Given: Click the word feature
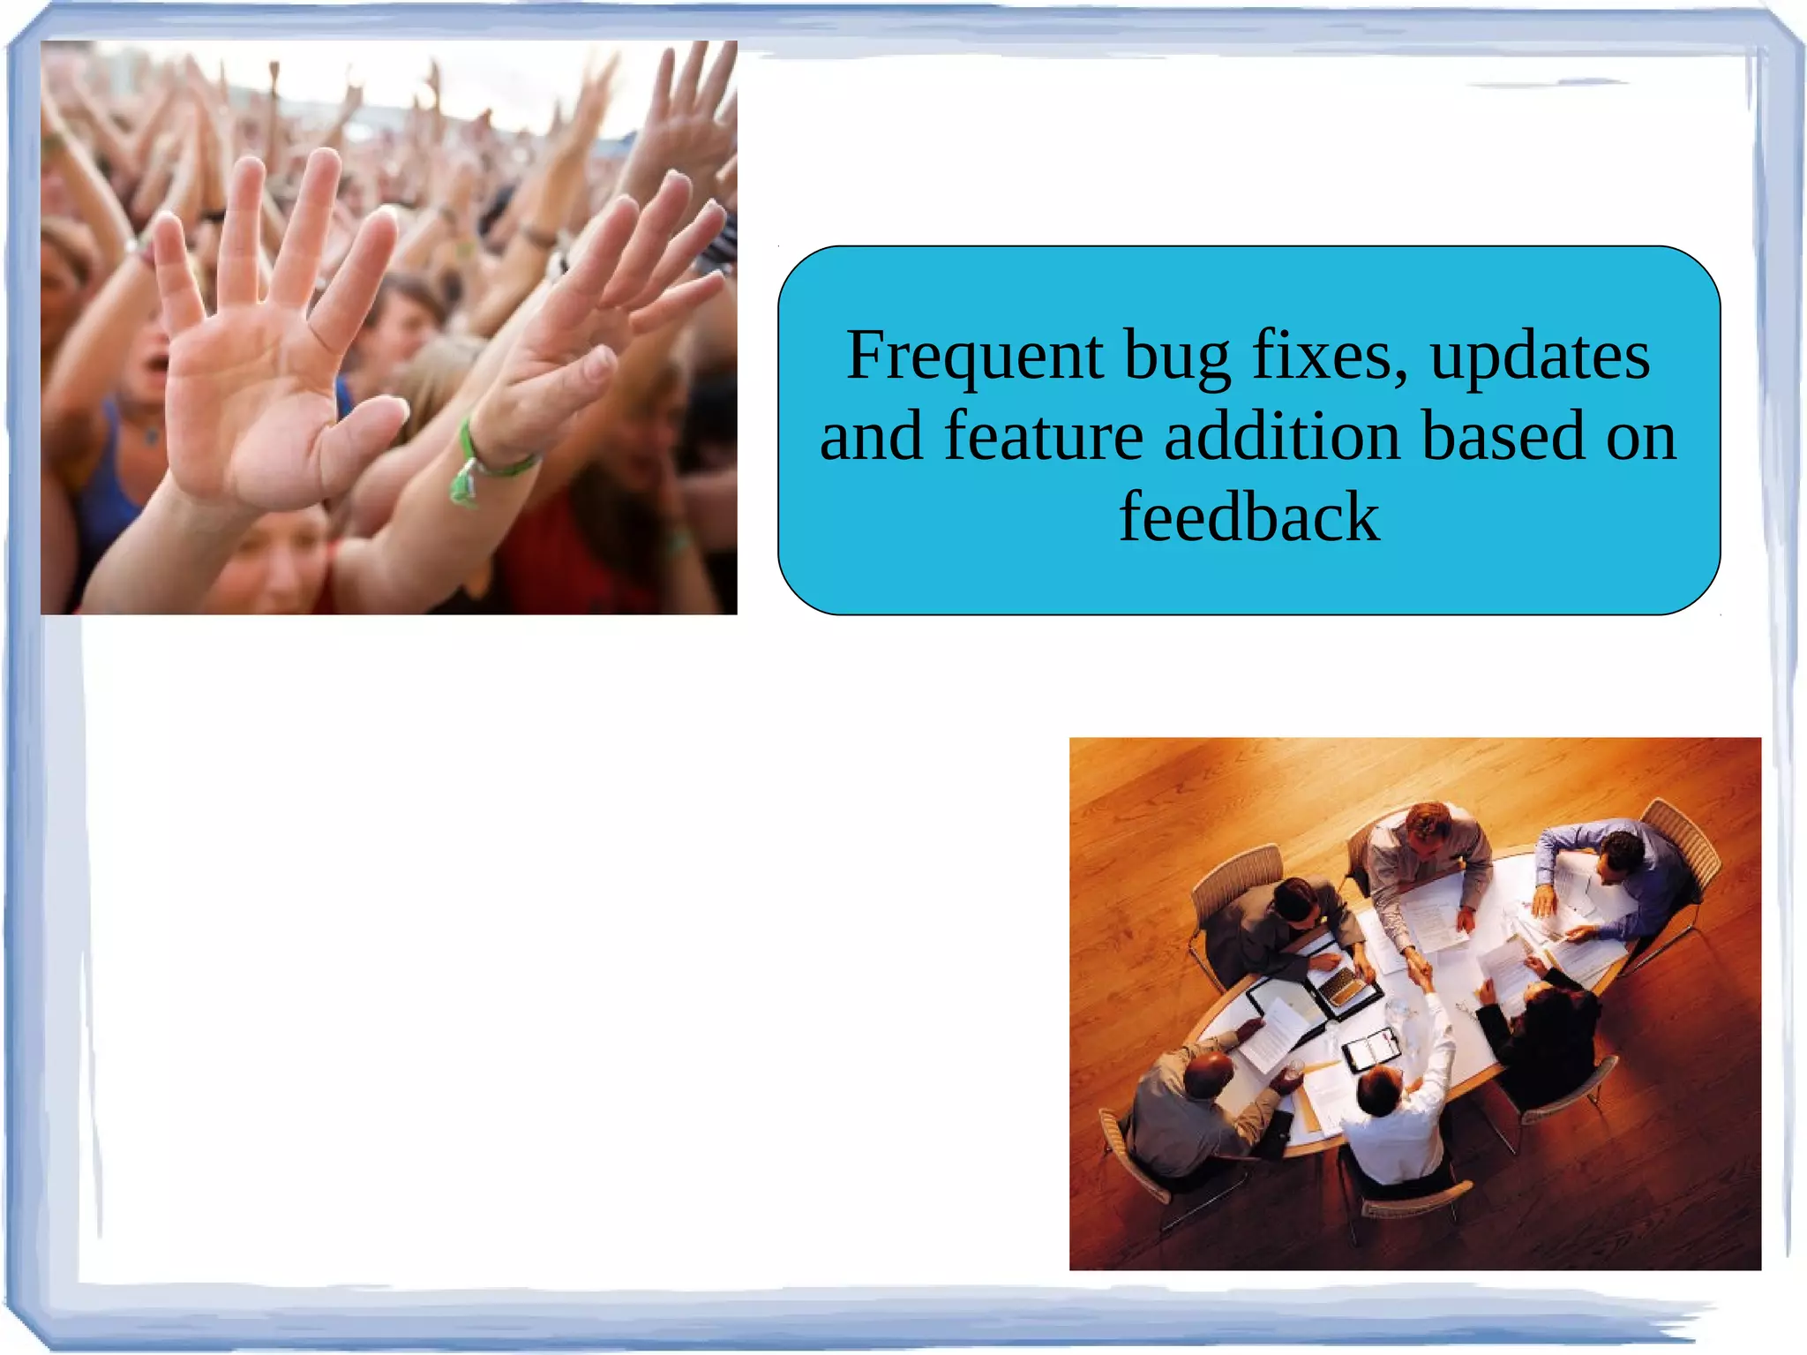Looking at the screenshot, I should point(1043,437).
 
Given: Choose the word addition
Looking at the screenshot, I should point(1282,437).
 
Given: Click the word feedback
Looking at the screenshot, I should point(1248,517).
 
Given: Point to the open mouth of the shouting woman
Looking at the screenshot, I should point(157,362).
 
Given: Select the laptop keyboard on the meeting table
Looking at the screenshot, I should point(1342,985).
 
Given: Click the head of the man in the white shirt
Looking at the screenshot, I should point(1377,1089).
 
